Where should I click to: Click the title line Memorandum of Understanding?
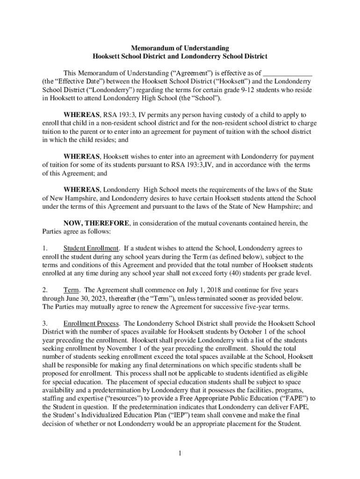point(180,48)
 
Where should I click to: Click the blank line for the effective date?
point(288,73)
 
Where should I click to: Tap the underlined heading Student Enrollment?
point(92,248)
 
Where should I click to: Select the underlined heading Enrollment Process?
point(92,323)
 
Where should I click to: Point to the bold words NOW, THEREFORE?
point(97,223)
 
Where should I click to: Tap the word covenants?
point(236,223)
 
